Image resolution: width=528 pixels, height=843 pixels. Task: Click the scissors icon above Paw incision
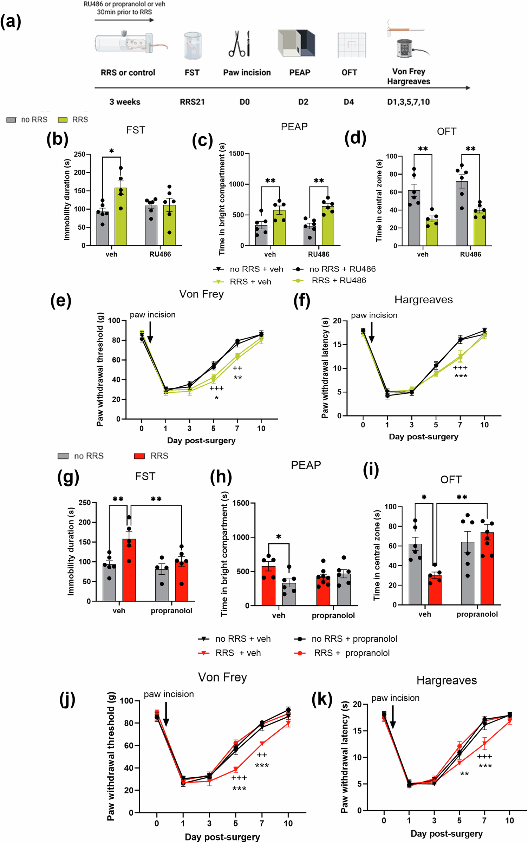tap(239, 44)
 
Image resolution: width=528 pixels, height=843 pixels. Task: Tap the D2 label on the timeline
tap(303, 102)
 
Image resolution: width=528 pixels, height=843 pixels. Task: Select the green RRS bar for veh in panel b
tap(120, 218)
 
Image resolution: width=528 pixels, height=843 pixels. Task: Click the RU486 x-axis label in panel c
tap(319, 254)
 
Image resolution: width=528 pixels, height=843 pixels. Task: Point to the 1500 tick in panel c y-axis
tap(236, 153)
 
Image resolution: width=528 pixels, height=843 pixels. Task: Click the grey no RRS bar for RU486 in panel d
tap(462, 214)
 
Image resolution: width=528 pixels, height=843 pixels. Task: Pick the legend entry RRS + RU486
tap(339, 280)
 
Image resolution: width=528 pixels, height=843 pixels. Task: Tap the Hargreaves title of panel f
tap(423, 300)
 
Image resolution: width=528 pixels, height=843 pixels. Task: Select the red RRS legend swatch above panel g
tap(139, 456)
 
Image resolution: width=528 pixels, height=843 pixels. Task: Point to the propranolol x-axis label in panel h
tap(333, 615)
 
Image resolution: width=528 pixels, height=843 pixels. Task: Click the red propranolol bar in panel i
tap(487, 569)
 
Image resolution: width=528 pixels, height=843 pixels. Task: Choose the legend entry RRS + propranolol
tap(352, 653)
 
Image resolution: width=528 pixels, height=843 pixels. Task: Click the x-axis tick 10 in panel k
tap(509, 821)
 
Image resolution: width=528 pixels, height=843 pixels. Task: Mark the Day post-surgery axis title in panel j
tap(222, 837)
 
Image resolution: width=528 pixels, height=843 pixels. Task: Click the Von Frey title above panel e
tap(201, 294)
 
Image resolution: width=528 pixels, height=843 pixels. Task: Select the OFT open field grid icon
tap(352, 45)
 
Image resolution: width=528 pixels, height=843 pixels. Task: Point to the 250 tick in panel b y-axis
tap(79, 154)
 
